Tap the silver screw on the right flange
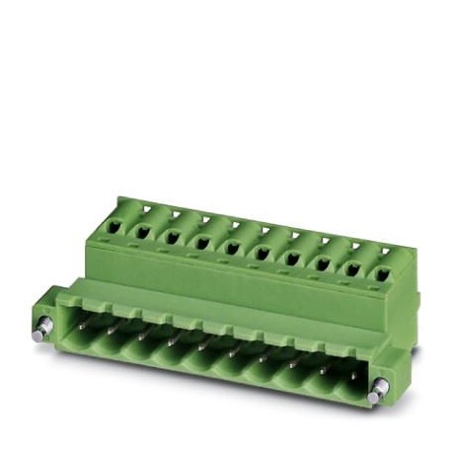(376, 395)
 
